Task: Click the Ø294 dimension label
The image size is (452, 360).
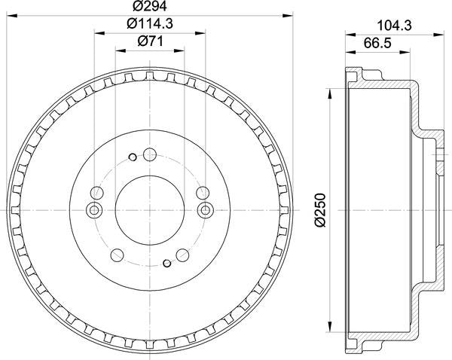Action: coord(149,7)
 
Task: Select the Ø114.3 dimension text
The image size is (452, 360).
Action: coord(149,24)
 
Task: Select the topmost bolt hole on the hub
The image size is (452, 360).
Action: coord(148,156)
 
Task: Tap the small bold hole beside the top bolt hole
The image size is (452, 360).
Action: coord(132,157)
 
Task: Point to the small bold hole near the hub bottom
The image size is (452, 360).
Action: coord(166,263)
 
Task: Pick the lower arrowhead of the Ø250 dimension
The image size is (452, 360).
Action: coord(329,327)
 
